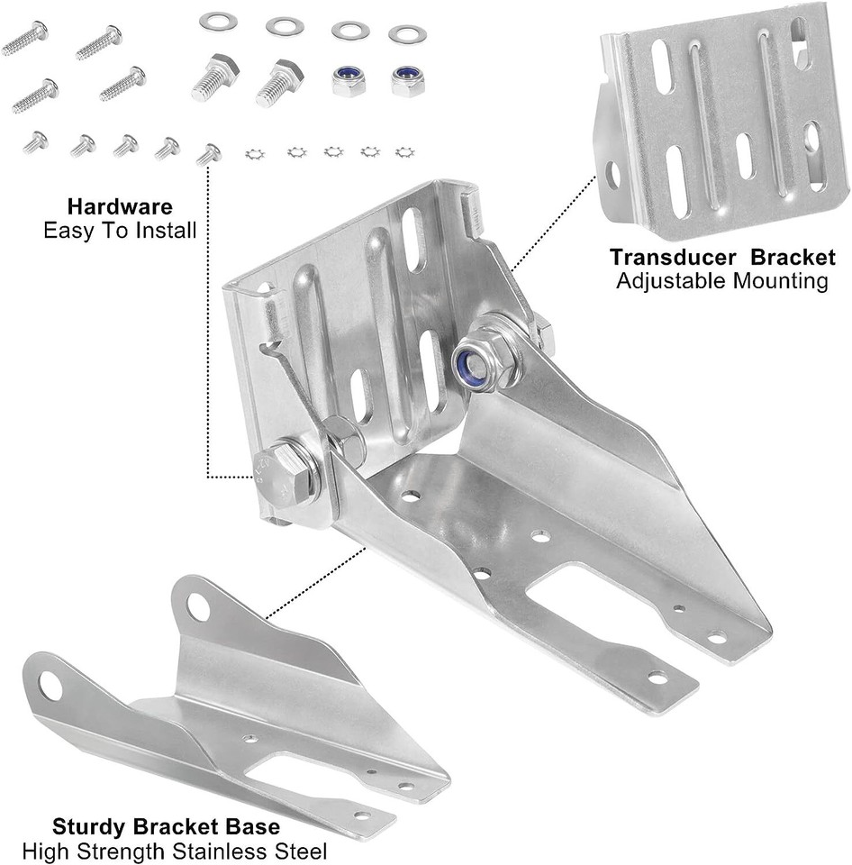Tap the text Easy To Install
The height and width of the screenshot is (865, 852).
click(x=120, y=231)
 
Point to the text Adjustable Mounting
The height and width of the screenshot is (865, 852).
click(x=721, y=281)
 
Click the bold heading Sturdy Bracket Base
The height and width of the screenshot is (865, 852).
click(x=166, y=826)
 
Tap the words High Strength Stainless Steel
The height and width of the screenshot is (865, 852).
click(x=175, y=850)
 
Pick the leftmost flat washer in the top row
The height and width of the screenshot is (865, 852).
click(x=217, y=20)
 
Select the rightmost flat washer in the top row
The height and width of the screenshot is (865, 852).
click(x=407, y=34)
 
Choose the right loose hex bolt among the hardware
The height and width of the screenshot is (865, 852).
click(x=280, y=82)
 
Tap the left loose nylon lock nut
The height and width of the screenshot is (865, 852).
click(x=348, y=80)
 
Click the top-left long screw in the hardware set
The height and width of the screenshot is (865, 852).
click(x=24, y=38)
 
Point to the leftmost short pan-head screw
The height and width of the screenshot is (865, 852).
click(x=35, y=141)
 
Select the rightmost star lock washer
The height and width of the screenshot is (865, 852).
click(x=404, y=151)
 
